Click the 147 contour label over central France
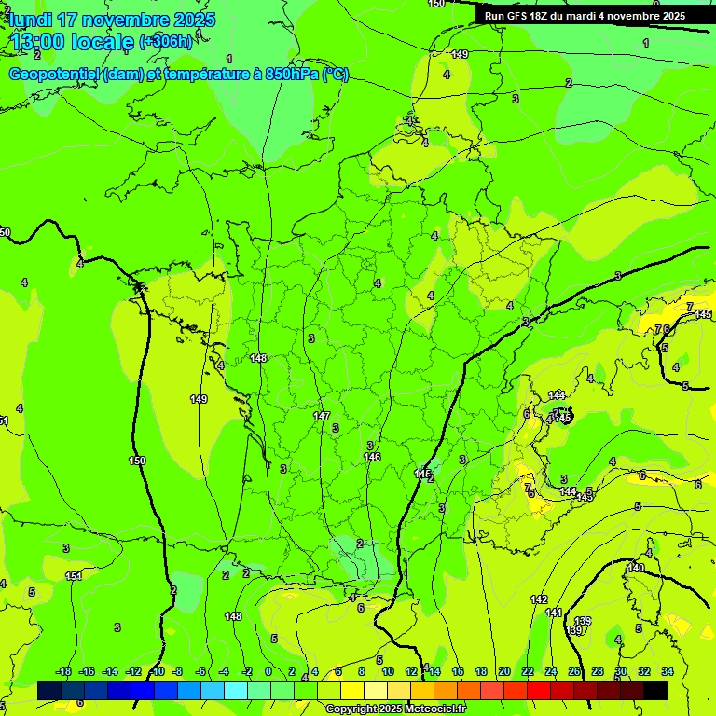click(322, 416)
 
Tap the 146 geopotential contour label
click(372, 457)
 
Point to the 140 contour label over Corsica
click(636, 568)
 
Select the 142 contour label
click(539, 599)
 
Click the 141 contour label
click(554, 613)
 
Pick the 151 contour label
click(74, 576)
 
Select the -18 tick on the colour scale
click(63, 671)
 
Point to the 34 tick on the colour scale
click(668, 671)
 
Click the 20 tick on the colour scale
click(503, 671)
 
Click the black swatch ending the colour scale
click(655, 690)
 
